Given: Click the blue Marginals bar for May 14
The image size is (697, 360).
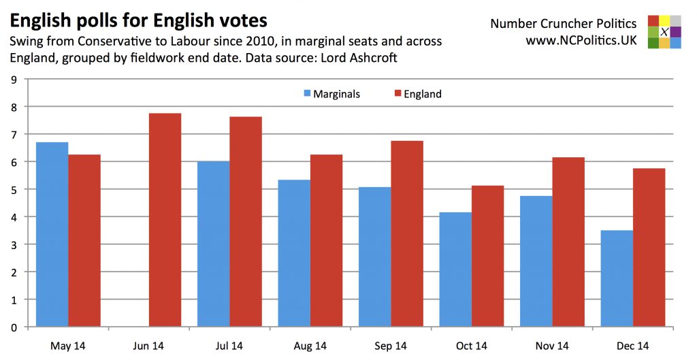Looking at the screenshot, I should tap(52, 234).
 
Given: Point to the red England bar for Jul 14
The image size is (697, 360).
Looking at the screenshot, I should tap(246, 222).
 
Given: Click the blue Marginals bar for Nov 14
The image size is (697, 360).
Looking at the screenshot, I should tap(536, 261).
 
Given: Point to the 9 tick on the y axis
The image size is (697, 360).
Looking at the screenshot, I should tap(14, 79).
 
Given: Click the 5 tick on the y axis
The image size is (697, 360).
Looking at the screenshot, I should tap(14, 189).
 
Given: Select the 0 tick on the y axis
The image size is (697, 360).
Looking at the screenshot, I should tap(14, 327).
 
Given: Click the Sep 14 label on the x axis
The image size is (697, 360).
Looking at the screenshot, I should tap(390, 346).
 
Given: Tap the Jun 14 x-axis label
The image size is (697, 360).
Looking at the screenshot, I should tap(148, 346).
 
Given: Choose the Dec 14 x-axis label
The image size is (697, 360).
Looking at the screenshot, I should tap(632, 346).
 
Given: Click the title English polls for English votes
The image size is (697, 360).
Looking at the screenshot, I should tap(138, 18).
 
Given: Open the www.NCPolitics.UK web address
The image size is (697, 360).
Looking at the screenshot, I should tap(581, 41).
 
